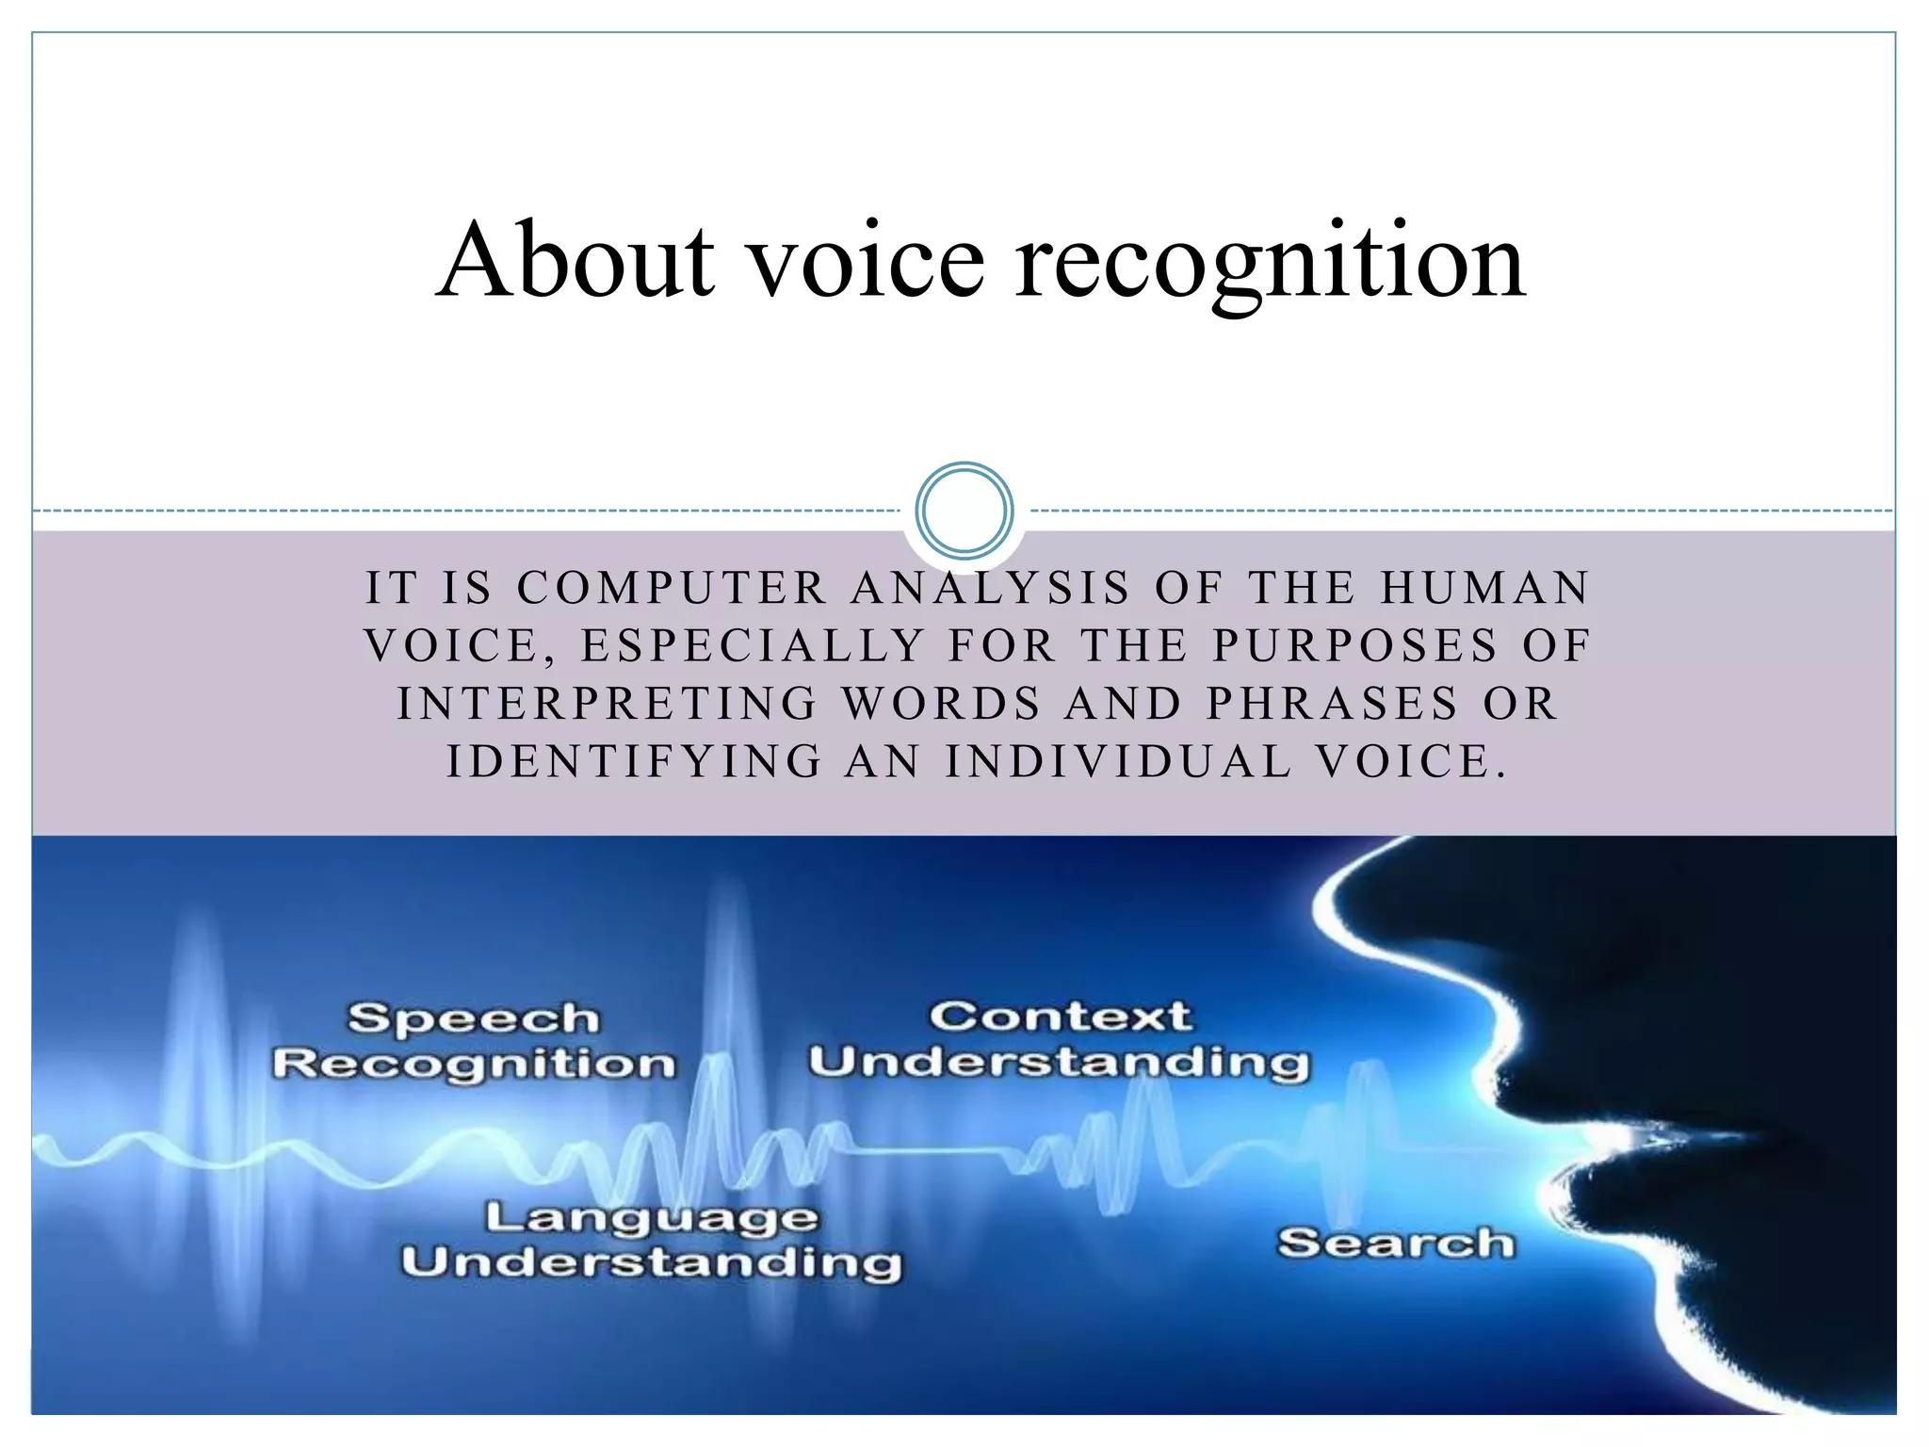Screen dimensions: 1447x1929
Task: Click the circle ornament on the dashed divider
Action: click(x=964, y=510)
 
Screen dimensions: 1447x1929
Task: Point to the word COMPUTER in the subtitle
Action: click(x=673, y=588)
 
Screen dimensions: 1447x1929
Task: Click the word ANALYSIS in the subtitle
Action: click(x=990, y=588)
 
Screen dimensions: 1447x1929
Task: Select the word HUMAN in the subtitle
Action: click(x=1485, y=588)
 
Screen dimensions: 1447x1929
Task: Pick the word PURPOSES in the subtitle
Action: click(x=1354, y=646)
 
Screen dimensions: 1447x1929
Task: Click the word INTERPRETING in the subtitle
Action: click(x=608, y=704)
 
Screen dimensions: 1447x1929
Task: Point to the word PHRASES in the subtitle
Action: click(x=1333, y=704)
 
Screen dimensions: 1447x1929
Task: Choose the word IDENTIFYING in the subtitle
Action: click(x=635, y=761)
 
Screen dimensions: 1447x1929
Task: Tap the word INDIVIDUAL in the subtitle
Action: click(x=1118, y=761)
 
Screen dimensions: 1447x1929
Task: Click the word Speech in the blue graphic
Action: click(x=474, y=1018)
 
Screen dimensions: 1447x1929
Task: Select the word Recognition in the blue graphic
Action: click(x=474, y=1064)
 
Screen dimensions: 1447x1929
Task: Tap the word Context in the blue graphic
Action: click(x=1061, y=1016)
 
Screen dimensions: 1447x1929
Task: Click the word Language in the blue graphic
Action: click(x=652, y=1218)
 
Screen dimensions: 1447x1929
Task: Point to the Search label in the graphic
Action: click(x=1396, y=1244)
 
